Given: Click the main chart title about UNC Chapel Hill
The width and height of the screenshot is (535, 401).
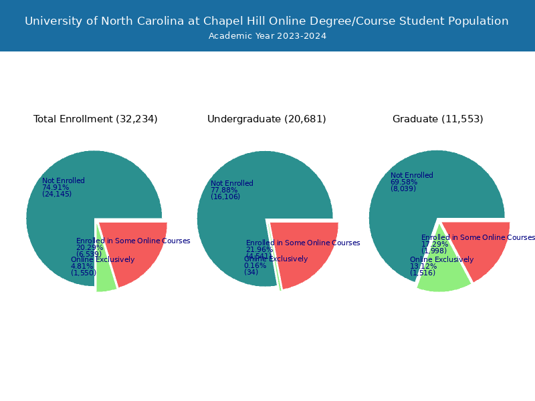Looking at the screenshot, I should [x=267, y=21].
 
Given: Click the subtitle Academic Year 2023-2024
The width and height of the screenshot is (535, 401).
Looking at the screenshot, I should [x=267, y=36].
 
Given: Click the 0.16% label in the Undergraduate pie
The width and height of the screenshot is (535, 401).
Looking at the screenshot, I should [x=255, y=265].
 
